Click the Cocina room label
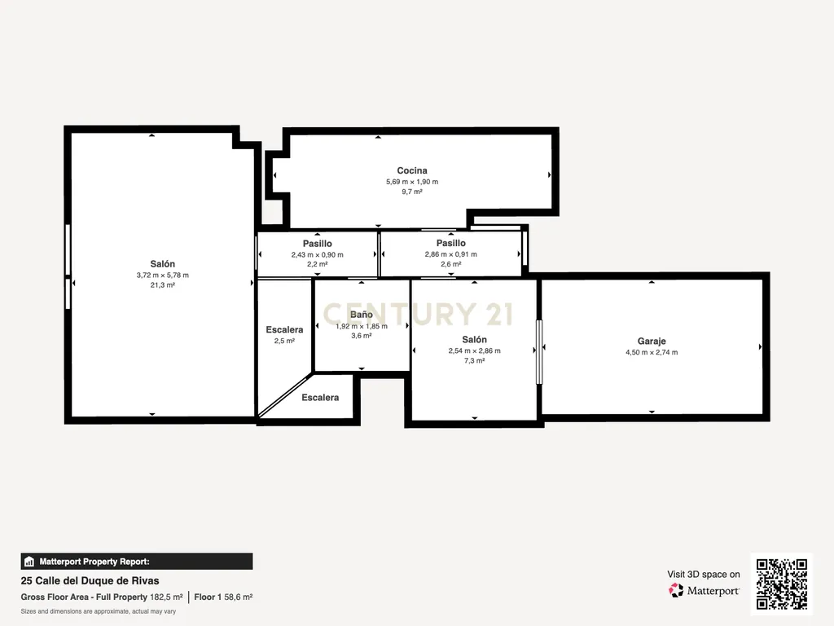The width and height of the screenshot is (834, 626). coord(412,170)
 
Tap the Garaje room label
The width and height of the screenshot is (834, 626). coord(652,342)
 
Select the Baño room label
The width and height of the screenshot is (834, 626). coord(361,315)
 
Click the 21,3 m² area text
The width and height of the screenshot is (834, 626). coord(163,284)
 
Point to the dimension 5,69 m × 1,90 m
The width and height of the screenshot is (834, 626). coord(412,182)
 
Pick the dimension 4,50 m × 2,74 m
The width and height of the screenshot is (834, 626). coord(652,352)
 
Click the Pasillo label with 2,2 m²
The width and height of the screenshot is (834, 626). coord(318,244)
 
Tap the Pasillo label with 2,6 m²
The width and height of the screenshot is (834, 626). coord(451,243)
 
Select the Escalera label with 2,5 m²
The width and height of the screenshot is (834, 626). coord(284,330)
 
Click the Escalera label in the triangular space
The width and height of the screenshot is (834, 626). coord(320,398)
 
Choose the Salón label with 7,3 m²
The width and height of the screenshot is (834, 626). coord(475,340)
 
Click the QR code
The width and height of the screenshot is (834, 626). coord(782,584)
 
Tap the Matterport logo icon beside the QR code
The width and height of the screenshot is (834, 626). coord(676,590)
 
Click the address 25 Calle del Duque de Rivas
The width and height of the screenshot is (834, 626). coord(90,580)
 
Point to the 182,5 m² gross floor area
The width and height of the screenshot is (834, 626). coord(166,597)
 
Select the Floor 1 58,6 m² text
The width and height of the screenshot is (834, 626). coord(223,597)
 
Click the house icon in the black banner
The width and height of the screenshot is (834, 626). coord(29,562)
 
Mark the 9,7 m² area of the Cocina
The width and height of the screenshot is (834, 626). coord(412,192)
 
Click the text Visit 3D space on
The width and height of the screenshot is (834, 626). coord(704,575)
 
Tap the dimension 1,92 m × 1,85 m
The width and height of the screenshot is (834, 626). coord(362,326)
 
